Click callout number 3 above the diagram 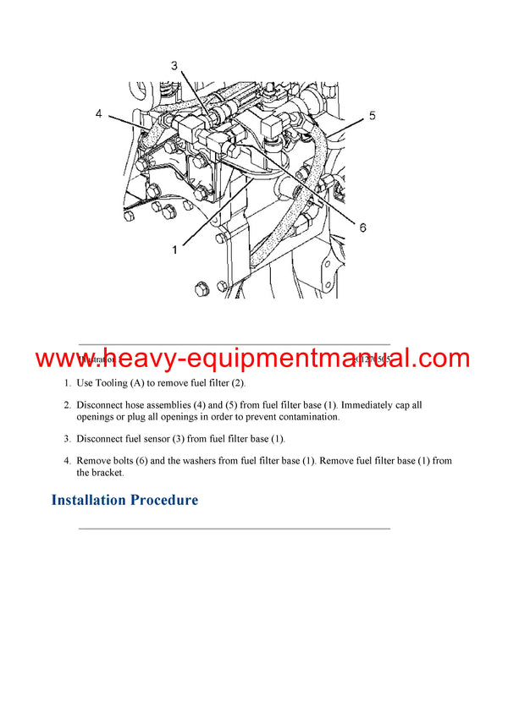(174, 65)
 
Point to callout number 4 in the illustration (99, 113)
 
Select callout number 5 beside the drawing (372, 115)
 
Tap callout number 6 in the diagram (362, 227)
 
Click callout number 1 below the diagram (175, 249)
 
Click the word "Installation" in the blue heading (88, 500)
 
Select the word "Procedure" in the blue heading (164, 500)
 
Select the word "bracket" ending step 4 (105, 473)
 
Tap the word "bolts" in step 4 (132, 461)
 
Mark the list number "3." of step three (67, 439)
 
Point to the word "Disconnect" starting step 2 (102, 405)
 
